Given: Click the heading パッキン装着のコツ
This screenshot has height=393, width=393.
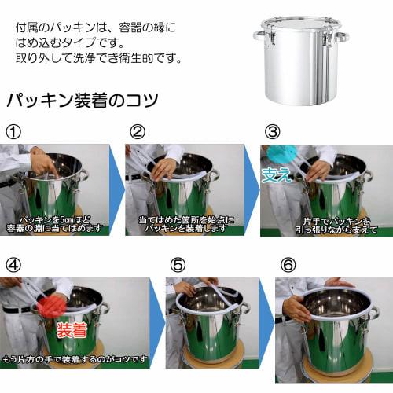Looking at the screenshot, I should [x=83, y=101].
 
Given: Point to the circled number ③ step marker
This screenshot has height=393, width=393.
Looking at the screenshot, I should [x=272, y=131].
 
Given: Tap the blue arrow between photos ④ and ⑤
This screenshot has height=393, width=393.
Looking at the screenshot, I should [x=156, y=323].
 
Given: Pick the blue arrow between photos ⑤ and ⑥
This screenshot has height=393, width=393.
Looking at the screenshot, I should [x=266, y=323].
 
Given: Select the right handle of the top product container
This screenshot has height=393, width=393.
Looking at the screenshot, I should [x=341, y=36].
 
